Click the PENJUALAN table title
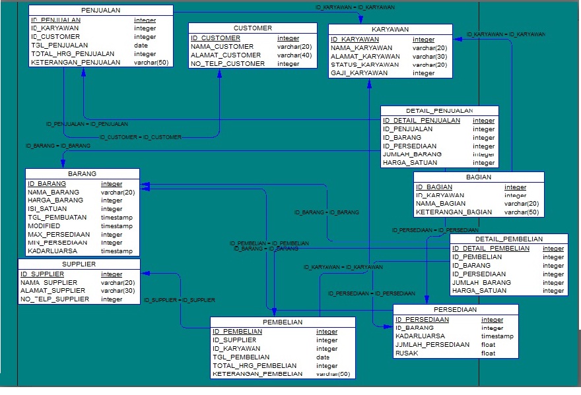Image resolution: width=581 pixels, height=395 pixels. coord(100,11)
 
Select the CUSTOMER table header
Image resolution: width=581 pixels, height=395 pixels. coord(252,28)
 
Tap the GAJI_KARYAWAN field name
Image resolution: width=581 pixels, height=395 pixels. coord(359,73)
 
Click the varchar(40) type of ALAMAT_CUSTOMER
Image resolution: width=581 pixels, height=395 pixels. coord(294,55)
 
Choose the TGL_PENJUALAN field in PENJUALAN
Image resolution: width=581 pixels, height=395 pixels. coord(59,46)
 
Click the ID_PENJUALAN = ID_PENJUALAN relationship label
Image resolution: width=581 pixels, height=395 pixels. coord(87,124)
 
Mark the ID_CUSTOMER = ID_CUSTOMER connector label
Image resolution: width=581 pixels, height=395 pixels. coord(140,137)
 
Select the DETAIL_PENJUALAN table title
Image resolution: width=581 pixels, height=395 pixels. coord(439,111)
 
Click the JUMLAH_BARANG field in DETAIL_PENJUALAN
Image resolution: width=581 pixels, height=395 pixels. coord(412,154)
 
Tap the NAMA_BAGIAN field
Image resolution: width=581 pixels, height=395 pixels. coord(442,204)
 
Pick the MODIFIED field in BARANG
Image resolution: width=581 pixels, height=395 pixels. coord(44,226)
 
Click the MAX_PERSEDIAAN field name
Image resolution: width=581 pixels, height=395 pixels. coord(59,235)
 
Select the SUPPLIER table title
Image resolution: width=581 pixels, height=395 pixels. coord(79,264)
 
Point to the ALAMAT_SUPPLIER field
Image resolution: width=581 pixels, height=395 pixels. coord(53,291)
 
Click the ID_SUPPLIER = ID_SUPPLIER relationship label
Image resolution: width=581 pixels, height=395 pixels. coord(180,300)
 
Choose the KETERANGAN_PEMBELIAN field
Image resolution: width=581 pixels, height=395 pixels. coord(257,374)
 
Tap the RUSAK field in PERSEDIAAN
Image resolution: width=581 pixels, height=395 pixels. coord(407,353)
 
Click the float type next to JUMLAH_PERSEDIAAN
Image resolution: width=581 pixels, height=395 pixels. coord(488,345)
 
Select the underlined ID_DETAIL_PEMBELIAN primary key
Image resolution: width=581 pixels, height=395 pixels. coord(491,249)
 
